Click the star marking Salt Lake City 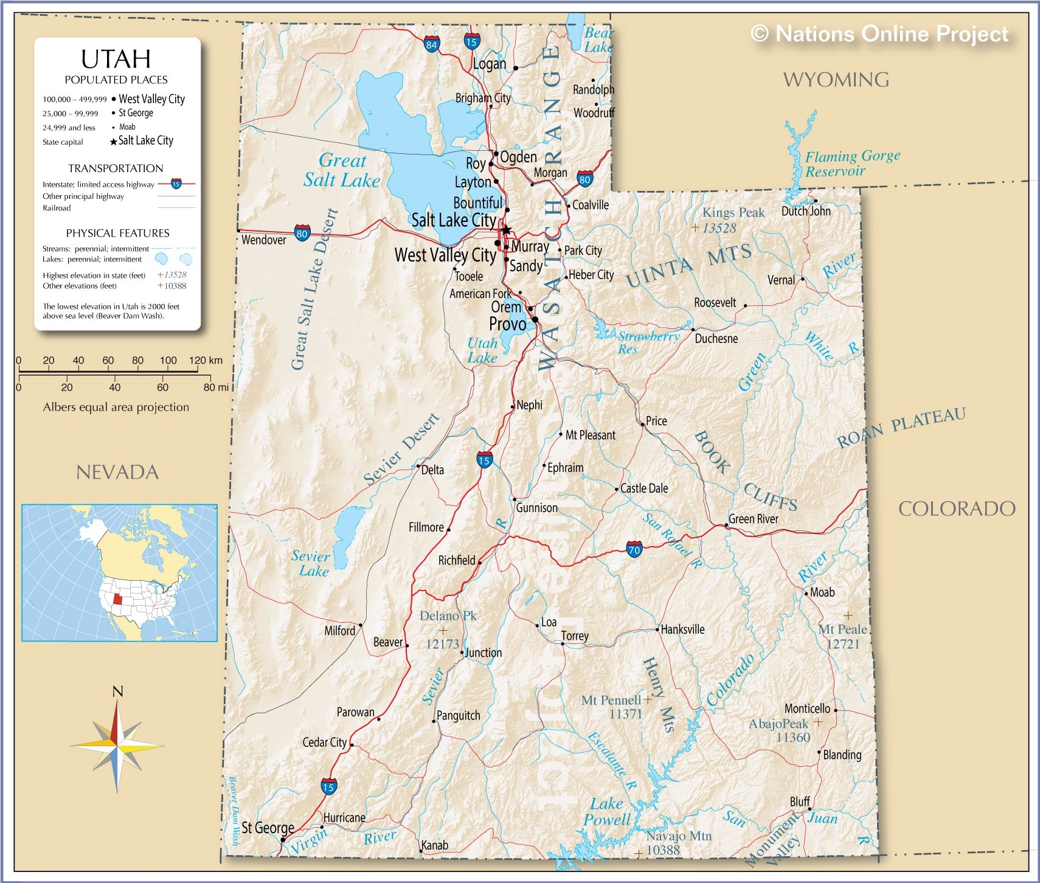(x=506, y=230)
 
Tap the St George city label (x=268, y=828)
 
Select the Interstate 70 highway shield (x=634, y=550)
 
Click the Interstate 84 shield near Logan (x=431, y=44)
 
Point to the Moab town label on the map (x=822, y=592)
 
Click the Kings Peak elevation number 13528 (x=719, y=228)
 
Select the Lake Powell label (x=606, y=811)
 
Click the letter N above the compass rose (x=118, y=691)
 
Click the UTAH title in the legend (x=116, y=59)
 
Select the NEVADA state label (x=117, y=472)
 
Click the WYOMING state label (x=836, y=80)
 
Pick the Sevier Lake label (x=311, y=563)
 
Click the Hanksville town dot (x=657, y=629)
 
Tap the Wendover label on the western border (x=263, y=240)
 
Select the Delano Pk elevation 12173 (x=442, y=643)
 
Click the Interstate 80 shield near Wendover (x=302, y=232)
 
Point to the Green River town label (x=753, y=519)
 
